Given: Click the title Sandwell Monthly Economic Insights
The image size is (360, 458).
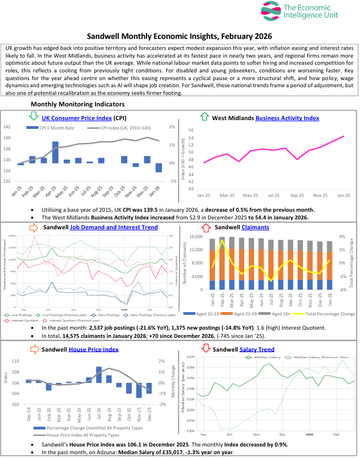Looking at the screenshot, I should [179, 37].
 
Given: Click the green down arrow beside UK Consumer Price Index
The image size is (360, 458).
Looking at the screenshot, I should [33, 117].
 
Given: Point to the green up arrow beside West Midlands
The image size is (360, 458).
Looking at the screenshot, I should [205, 117].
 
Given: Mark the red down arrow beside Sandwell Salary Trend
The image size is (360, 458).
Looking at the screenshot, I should [205, 349].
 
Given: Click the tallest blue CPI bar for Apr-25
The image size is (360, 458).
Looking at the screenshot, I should [55, 152].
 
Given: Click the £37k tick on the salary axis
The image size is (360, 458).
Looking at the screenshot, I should [189, 357].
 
